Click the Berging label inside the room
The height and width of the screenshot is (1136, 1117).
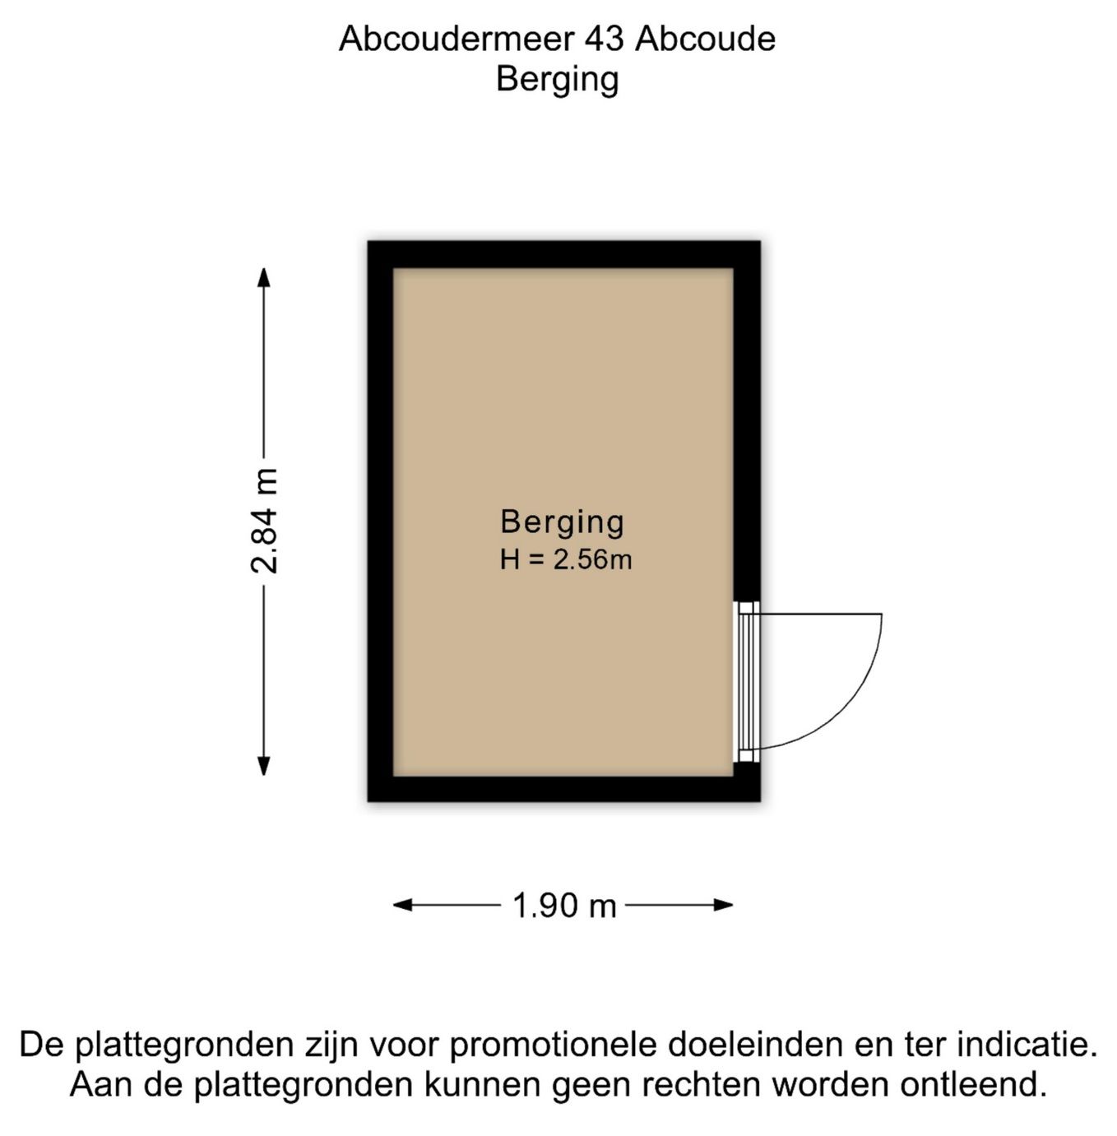(562, 523)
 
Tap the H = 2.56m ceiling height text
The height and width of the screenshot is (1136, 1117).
(566, 559)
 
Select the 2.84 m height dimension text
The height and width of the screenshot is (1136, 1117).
(263, 521)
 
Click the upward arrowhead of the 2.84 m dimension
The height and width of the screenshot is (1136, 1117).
(263, 277)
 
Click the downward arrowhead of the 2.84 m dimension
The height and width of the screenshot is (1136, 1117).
(263, 767)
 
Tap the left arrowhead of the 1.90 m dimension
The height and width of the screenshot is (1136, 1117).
(403, 905)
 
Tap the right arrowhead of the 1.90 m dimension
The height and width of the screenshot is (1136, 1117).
(723, 905)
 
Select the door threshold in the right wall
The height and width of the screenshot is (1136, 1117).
(747, 681)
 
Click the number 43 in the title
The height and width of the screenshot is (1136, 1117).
(603, 39)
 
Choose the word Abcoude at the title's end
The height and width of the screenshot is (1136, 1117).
(706, 39)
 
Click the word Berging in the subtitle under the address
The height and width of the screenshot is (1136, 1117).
(558, 80)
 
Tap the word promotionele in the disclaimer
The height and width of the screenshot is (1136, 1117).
(554, 1044)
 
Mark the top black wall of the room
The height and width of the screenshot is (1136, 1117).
(563, 254)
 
